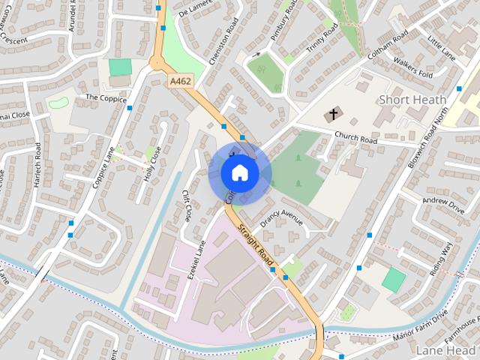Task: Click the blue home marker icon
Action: [x=239, y=173]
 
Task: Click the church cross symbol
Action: [x=331, y=115]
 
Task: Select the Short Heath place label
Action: [x=412, y=99]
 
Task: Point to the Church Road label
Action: [x=355, y=138]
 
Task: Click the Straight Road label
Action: [x=255, y=244]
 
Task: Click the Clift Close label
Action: [x=186, y=205]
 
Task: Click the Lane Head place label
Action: [x=448, y=349]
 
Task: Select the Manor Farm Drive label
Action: [x=420, y=325]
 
